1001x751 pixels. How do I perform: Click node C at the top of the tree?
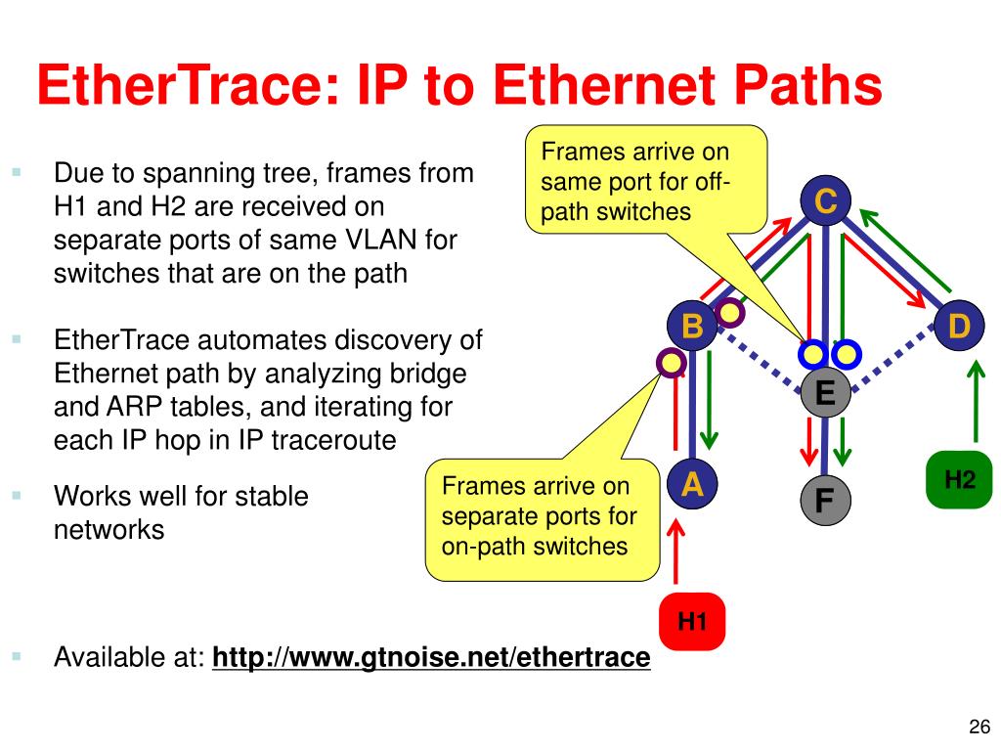(826, 202)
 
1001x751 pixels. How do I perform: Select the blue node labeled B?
(692, 326)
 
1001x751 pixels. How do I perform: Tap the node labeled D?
(959, 326)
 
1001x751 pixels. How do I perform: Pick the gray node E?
(825, 393)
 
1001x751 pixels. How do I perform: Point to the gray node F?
(825, 501)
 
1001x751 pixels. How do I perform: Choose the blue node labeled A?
(692, 484)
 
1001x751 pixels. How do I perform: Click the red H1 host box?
(692, 620)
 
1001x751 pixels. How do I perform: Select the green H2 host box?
(959, 479)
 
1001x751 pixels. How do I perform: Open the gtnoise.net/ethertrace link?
(431, 657)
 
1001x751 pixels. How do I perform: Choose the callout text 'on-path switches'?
(535, 546)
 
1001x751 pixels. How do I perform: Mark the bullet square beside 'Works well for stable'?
(18, 496)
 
